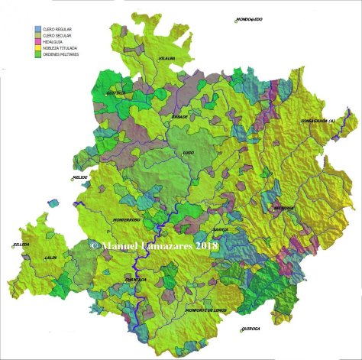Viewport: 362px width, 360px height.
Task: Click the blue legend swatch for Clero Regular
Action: tap(38, 28)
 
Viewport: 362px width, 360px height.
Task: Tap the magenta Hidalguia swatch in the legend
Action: tap(38, 41)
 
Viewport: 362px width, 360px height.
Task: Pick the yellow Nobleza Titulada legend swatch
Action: tap(38, 48)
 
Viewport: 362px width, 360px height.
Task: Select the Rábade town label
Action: tap(179, 117)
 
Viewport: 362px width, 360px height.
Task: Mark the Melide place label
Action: tap(80, 178)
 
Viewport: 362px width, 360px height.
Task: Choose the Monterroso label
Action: tap(126, 221)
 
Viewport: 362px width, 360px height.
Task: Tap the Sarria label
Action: tap(220, 229)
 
